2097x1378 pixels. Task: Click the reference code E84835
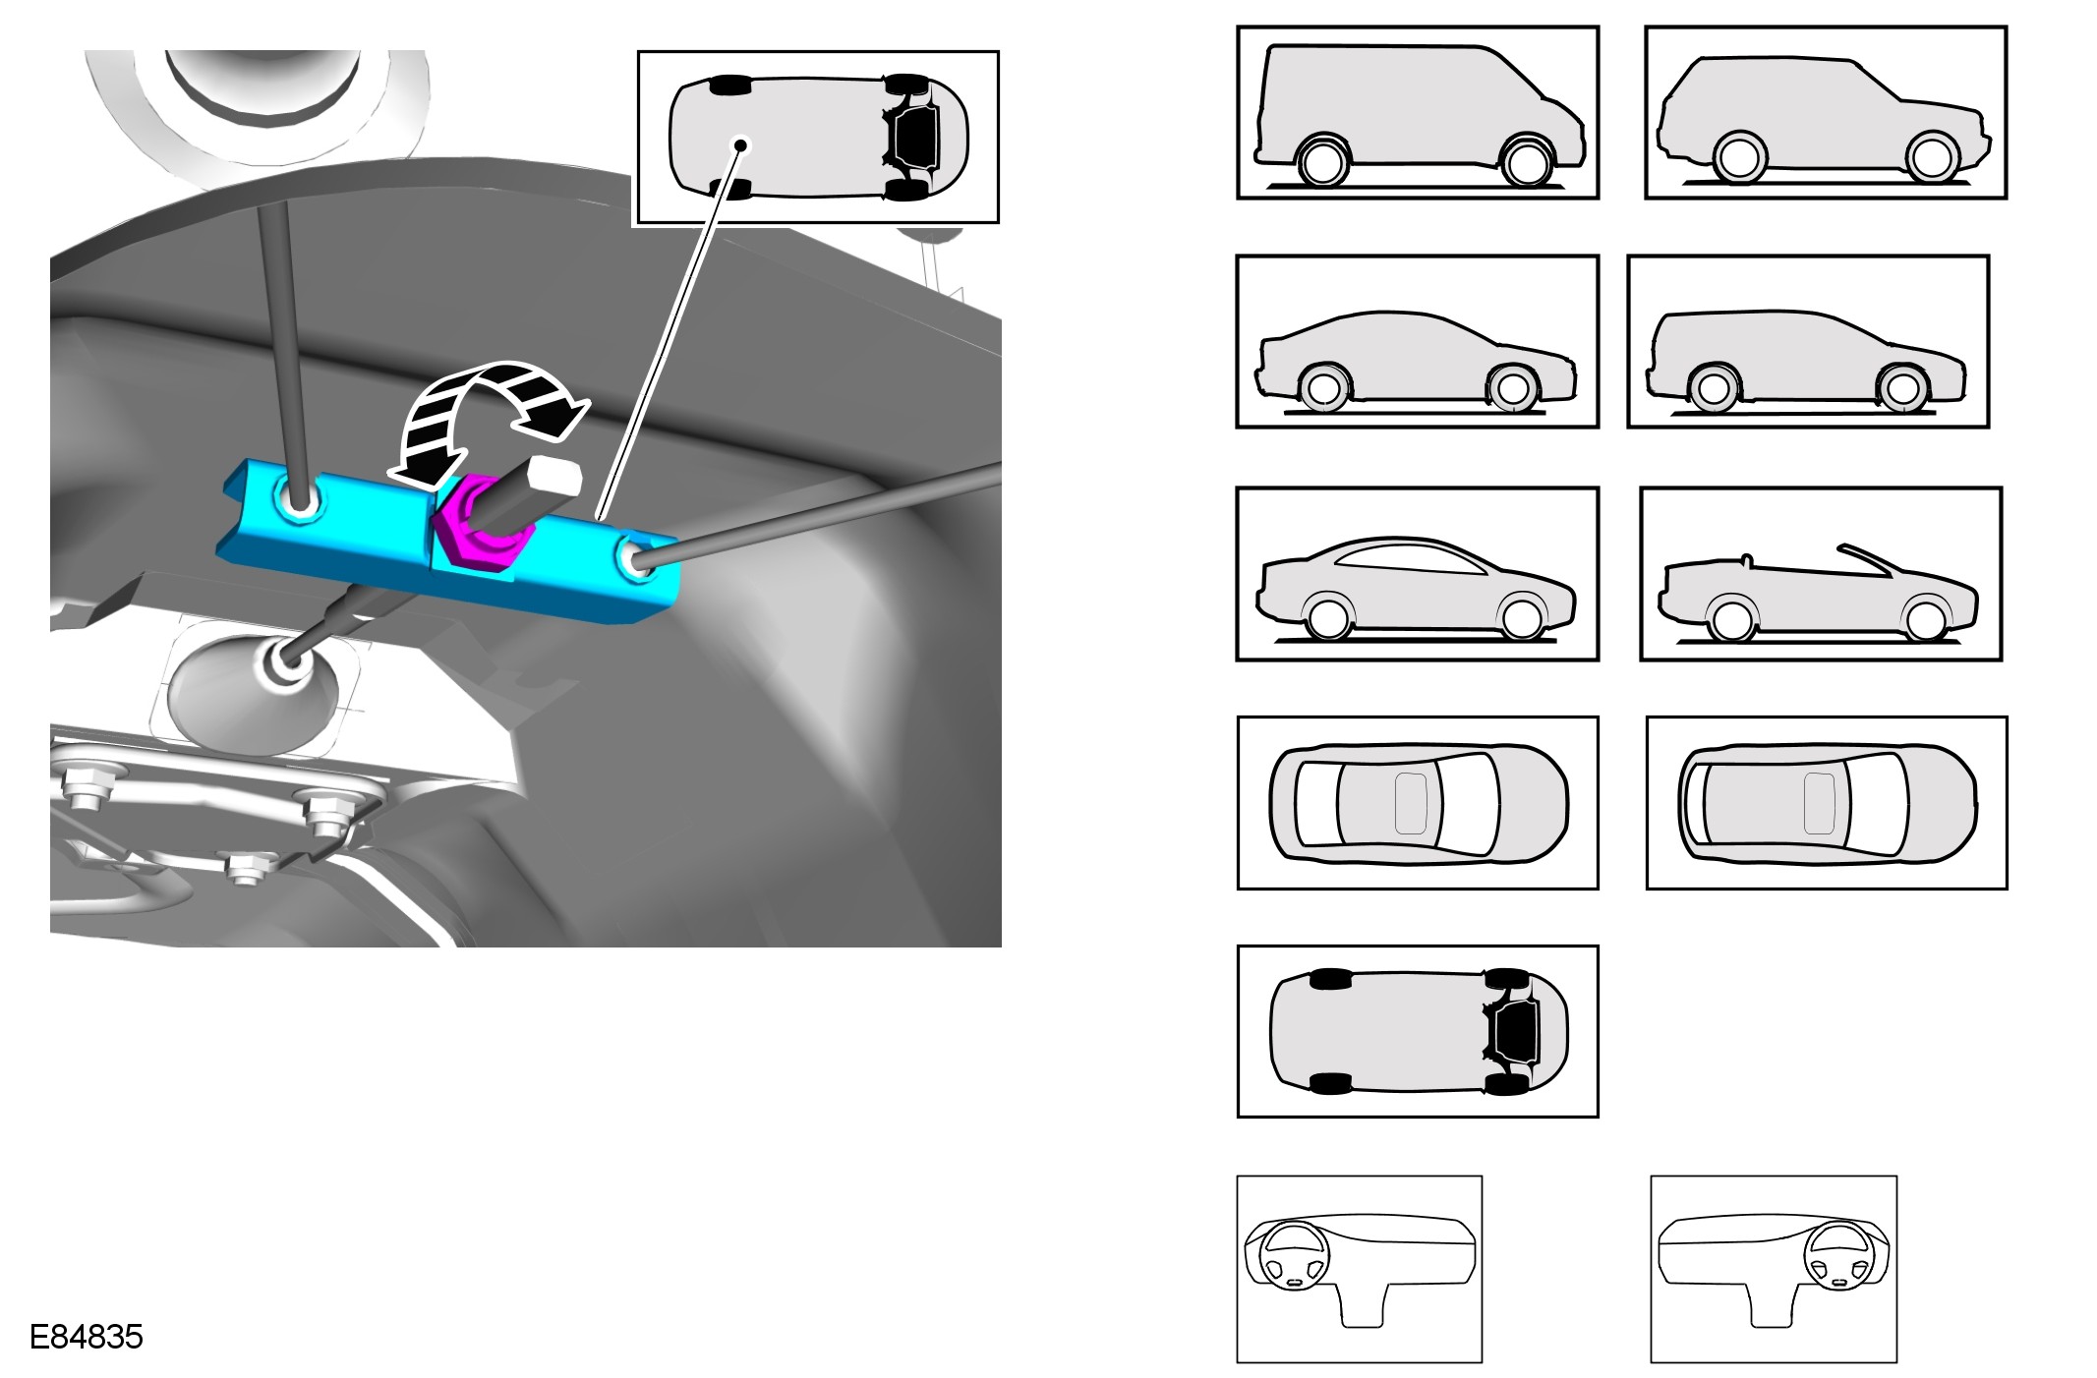87,1337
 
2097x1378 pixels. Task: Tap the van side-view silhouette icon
1418,113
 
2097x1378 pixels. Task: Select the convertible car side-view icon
1821,574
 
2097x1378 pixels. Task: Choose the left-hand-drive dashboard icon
1359,1269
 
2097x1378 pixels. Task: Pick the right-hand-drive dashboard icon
1774,1269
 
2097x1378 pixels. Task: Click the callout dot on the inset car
740,145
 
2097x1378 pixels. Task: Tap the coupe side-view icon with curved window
1418,574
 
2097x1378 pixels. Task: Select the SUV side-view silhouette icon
1826,113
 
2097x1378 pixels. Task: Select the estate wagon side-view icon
1808,342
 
